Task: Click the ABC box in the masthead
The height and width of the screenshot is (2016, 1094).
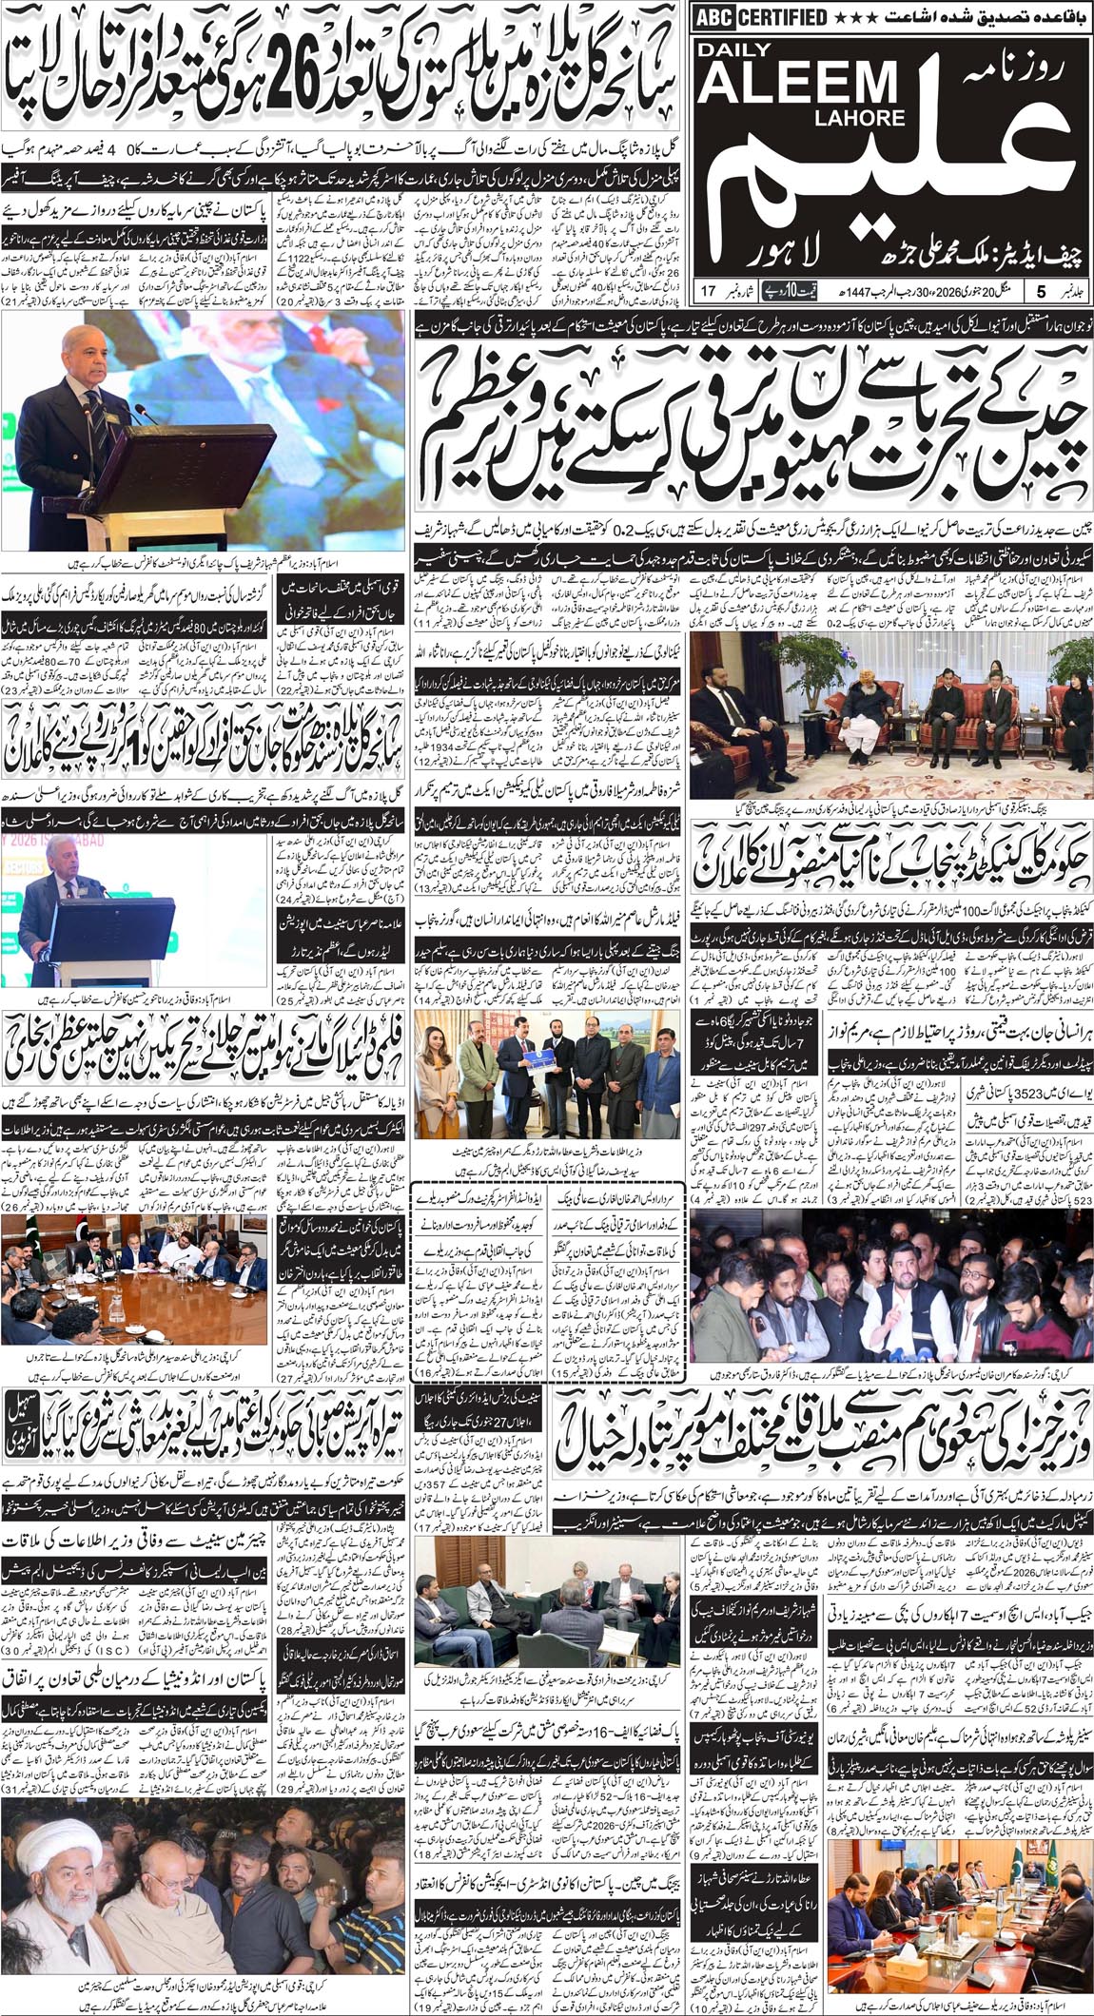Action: click(713, 15)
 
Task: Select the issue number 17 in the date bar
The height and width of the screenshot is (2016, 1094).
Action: click(709, 289)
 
